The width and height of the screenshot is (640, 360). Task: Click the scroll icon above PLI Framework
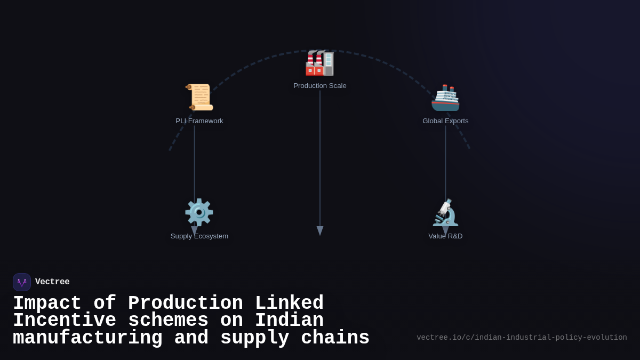click(x=199, y=97)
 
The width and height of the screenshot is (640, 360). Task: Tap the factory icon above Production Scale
click(x=319, y=62)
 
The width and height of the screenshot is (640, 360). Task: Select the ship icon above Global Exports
click(x=445, y=98)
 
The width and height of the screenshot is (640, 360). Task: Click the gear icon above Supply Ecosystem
click(x=199, y=212)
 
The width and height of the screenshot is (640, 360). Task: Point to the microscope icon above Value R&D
click(x=445, y=213)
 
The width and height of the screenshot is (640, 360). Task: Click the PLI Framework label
click(x=199, y=121)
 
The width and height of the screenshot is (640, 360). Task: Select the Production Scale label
click(x=320, y=86)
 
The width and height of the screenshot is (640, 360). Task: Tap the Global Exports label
click(x=445, y=121)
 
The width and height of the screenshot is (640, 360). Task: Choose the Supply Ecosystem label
click(x=199, y=236)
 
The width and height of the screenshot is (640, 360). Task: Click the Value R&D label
click(x=445, y=236)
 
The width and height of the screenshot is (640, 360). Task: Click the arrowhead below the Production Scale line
click(x=320, y=230)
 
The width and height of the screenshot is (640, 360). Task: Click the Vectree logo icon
click(x=22, y=282)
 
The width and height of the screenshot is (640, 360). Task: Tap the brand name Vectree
click(x=52, y=282)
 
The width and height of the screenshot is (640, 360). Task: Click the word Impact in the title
click(x=47, y=303)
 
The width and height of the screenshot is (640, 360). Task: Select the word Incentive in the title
click(x=65, y=321)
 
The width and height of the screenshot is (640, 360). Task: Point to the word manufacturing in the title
click(x=87, y=338)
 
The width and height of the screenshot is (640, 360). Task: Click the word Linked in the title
click(x=289, y=303)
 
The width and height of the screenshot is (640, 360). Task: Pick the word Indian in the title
click(x=289, y=321)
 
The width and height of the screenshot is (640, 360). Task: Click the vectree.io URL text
click(x=522, y=338)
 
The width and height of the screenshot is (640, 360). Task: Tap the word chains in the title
click(x=335, y=338)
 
